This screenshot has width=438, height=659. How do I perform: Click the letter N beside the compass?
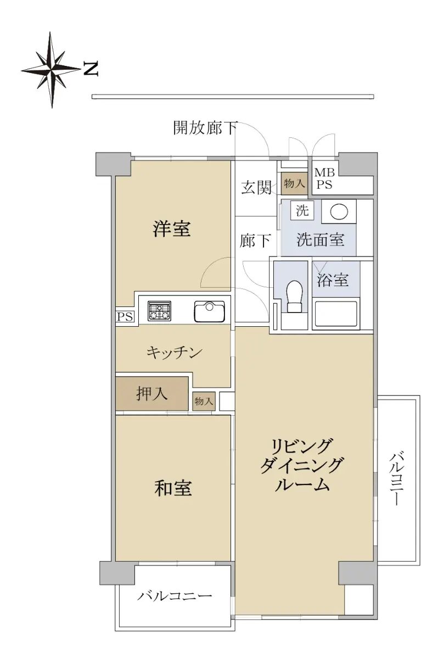coord(91,69)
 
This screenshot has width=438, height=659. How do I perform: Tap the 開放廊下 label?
coord(205,127)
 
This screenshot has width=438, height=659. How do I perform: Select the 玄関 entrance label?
coord(256,187)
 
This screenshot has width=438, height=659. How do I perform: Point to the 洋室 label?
coord(172,229)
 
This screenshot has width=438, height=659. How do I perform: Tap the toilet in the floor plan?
coord(295,296)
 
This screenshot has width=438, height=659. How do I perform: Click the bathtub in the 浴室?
coord(336,313)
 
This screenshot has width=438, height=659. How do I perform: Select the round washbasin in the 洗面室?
coord(339,211)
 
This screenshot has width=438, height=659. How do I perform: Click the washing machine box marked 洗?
coord(302,210)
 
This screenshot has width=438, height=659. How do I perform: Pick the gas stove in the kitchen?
coord(159,311)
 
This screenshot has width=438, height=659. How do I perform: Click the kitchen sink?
coord(210,311)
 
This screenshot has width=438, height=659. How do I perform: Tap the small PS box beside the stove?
coord(126,317)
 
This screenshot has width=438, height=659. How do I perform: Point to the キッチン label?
coord(175,353)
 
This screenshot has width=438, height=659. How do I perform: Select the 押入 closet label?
coord(151,393)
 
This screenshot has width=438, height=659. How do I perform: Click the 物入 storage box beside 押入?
coord(204,401)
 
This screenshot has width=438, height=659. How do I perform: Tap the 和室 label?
coord(173,488)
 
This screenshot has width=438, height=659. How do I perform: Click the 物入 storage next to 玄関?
coord(294,183)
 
